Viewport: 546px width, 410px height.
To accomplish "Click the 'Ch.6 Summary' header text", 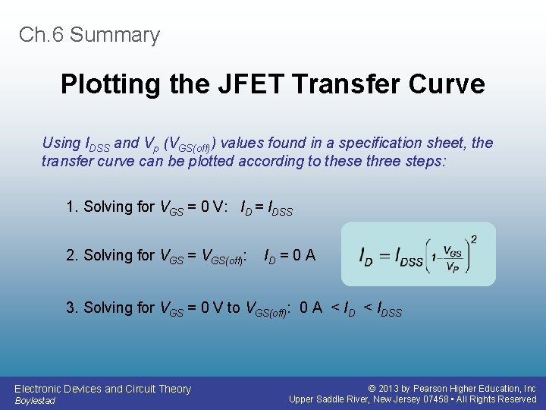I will tap(89, 35).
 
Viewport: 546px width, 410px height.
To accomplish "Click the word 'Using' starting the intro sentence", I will tap(61, 143).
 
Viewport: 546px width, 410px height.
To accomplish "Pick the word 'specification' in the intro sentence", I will tap(387, 143).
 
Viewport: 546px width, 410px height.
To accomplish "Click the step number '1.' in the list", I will tap(73, 207).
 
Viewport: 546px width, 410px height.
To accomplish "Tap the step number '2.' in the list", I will tap(73, 256).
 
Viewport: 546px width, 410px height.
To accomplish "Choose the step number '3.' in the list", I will tap(73, 307).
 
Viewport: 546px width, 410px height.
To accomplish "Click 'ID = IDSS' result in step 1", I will tap(266, 208).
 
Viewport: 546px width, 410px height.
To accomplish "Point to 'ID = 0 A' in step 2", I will tap(290, 256).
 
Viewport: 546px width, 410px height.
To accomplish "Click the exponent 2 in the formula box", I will tap(473, 239).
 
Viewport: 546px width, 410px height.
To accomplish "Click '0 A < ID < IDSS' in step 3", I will tap(350, 308).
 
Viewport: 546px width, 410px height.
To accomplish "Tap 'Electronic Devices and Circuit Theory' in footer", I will tap(102, 389).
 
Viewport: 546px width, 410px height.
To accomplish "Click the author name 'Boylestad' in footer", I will tap(35, 400).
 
